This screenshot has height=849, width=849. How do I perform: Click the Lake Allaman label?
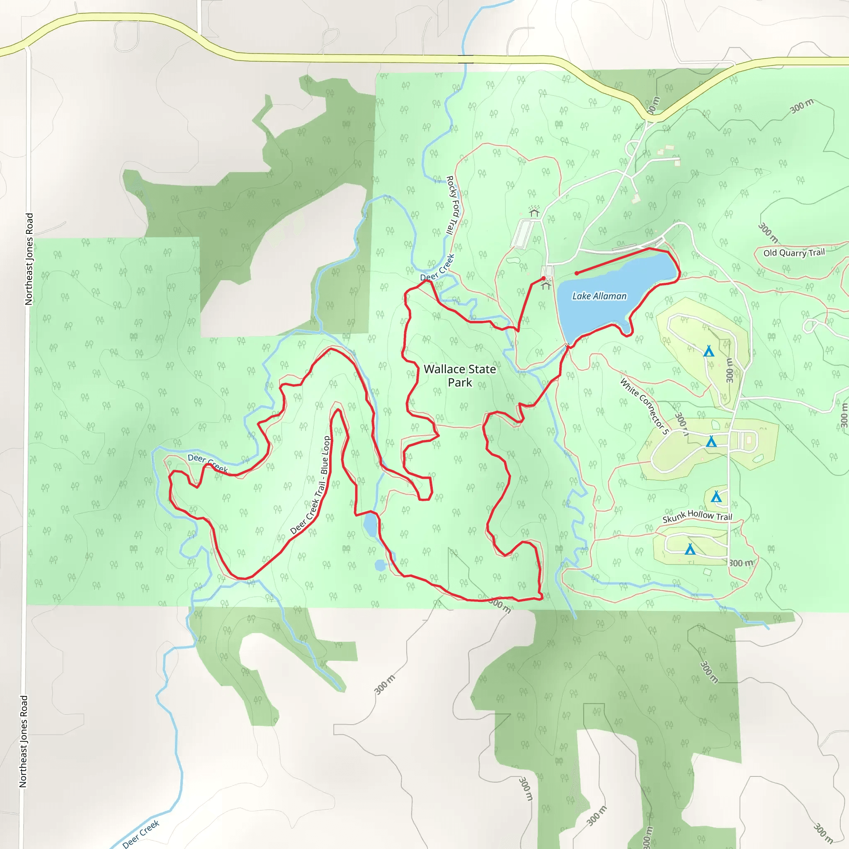(x=599, y=296)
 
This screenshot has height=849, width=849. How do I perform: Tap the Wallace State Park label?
(x=460, y=376)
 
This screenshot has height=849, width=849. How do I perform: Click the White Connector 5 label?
(x=644, y=406)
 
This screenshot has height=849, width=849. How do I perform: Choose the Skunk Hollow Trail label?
(x=697, y=517)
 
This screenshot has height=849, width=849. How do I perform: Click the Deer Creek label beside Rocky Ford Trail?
(x=437, y=268)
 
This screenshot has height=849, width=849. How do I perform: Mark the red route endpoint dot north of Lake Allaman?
(x=577, y=273)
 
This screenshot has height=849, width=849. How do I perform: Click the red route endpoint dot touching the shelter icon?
(x=543, y=279)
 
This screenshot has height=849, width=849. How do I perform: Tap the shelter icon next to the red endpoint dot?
(x=546, y=286)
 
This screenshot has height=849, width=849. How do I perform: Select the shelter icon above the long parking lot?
(x=534, y=213)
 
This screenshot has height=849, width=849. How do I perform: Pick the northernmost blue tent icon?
(x=708, y=351)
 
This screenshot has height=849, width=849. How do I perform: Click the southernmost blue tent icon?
(x=690, y=549)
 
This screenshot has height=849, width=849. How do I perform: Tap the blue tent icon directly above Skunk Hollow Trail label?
(x=716, y=497)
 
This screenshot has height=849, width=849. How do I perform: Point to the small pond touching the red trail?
(x=370, y=525)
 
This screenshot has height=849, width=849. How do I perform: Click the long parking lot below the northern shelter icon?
(x=523, y=234)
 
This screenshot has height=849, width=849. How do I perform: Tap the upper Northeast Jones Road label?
(x=29, y=259)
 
